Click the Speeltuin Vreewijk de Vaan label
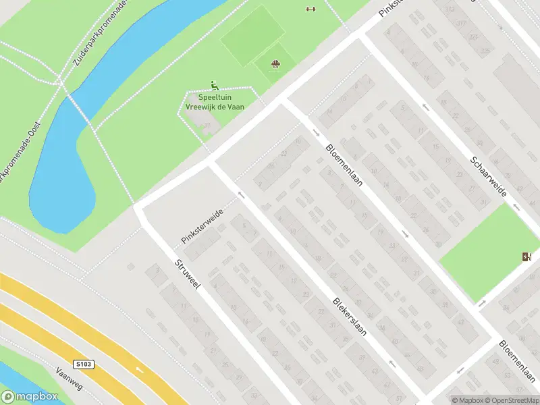coord(215,101)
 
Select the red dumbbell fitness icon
coord(310,9)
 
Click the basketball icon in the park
coord(275,65)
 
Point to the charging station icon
coord(526,256)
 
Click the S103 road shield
coord(84,364)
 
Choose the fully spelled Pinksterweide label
coord(202,226)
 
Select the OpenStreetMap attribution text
coord(511,400)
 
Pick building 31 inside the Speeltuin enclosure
coord(208,125)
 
